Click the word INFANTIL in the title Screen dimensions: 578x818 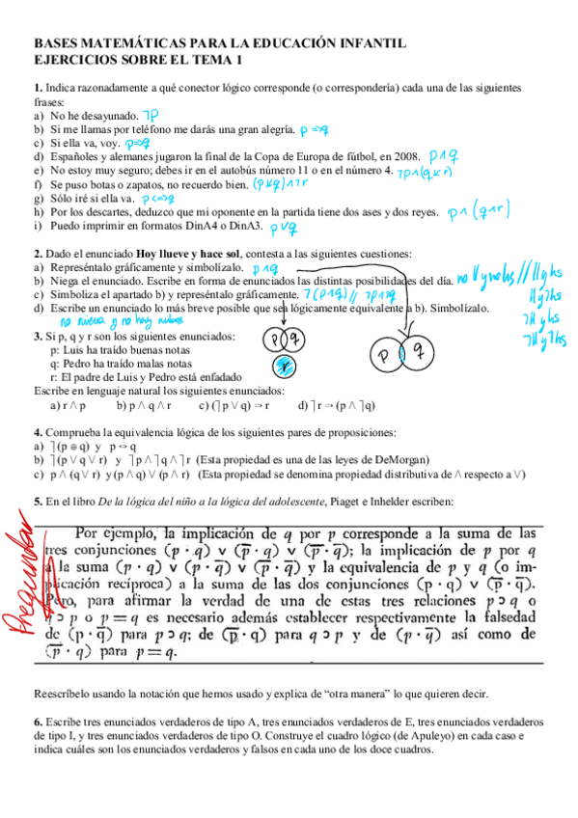[368, 43]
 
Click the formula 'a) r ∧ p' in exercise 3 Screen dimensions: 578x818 [68, 405]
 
